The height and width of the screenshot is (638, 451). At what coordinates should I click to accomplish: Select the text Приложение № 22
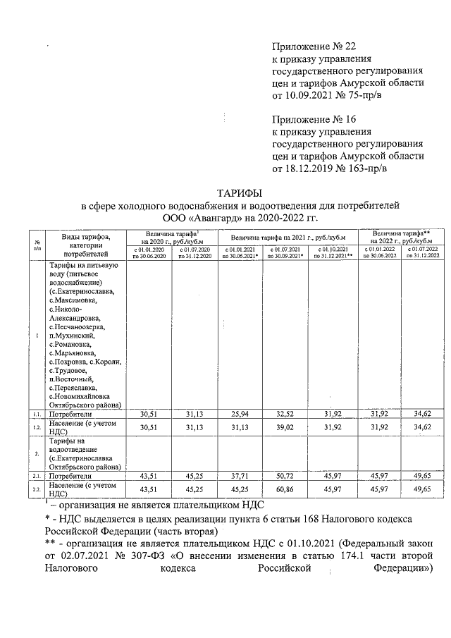(307, 46)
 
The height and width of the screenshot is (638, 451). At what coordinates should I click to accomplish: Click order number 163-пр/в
(357, 168)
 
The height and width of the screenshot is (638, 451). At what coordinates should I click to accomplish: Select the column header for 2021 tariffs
(286, 238)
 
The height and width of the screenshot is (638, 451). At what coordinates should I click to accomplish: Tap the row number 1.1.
(36, 415)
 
